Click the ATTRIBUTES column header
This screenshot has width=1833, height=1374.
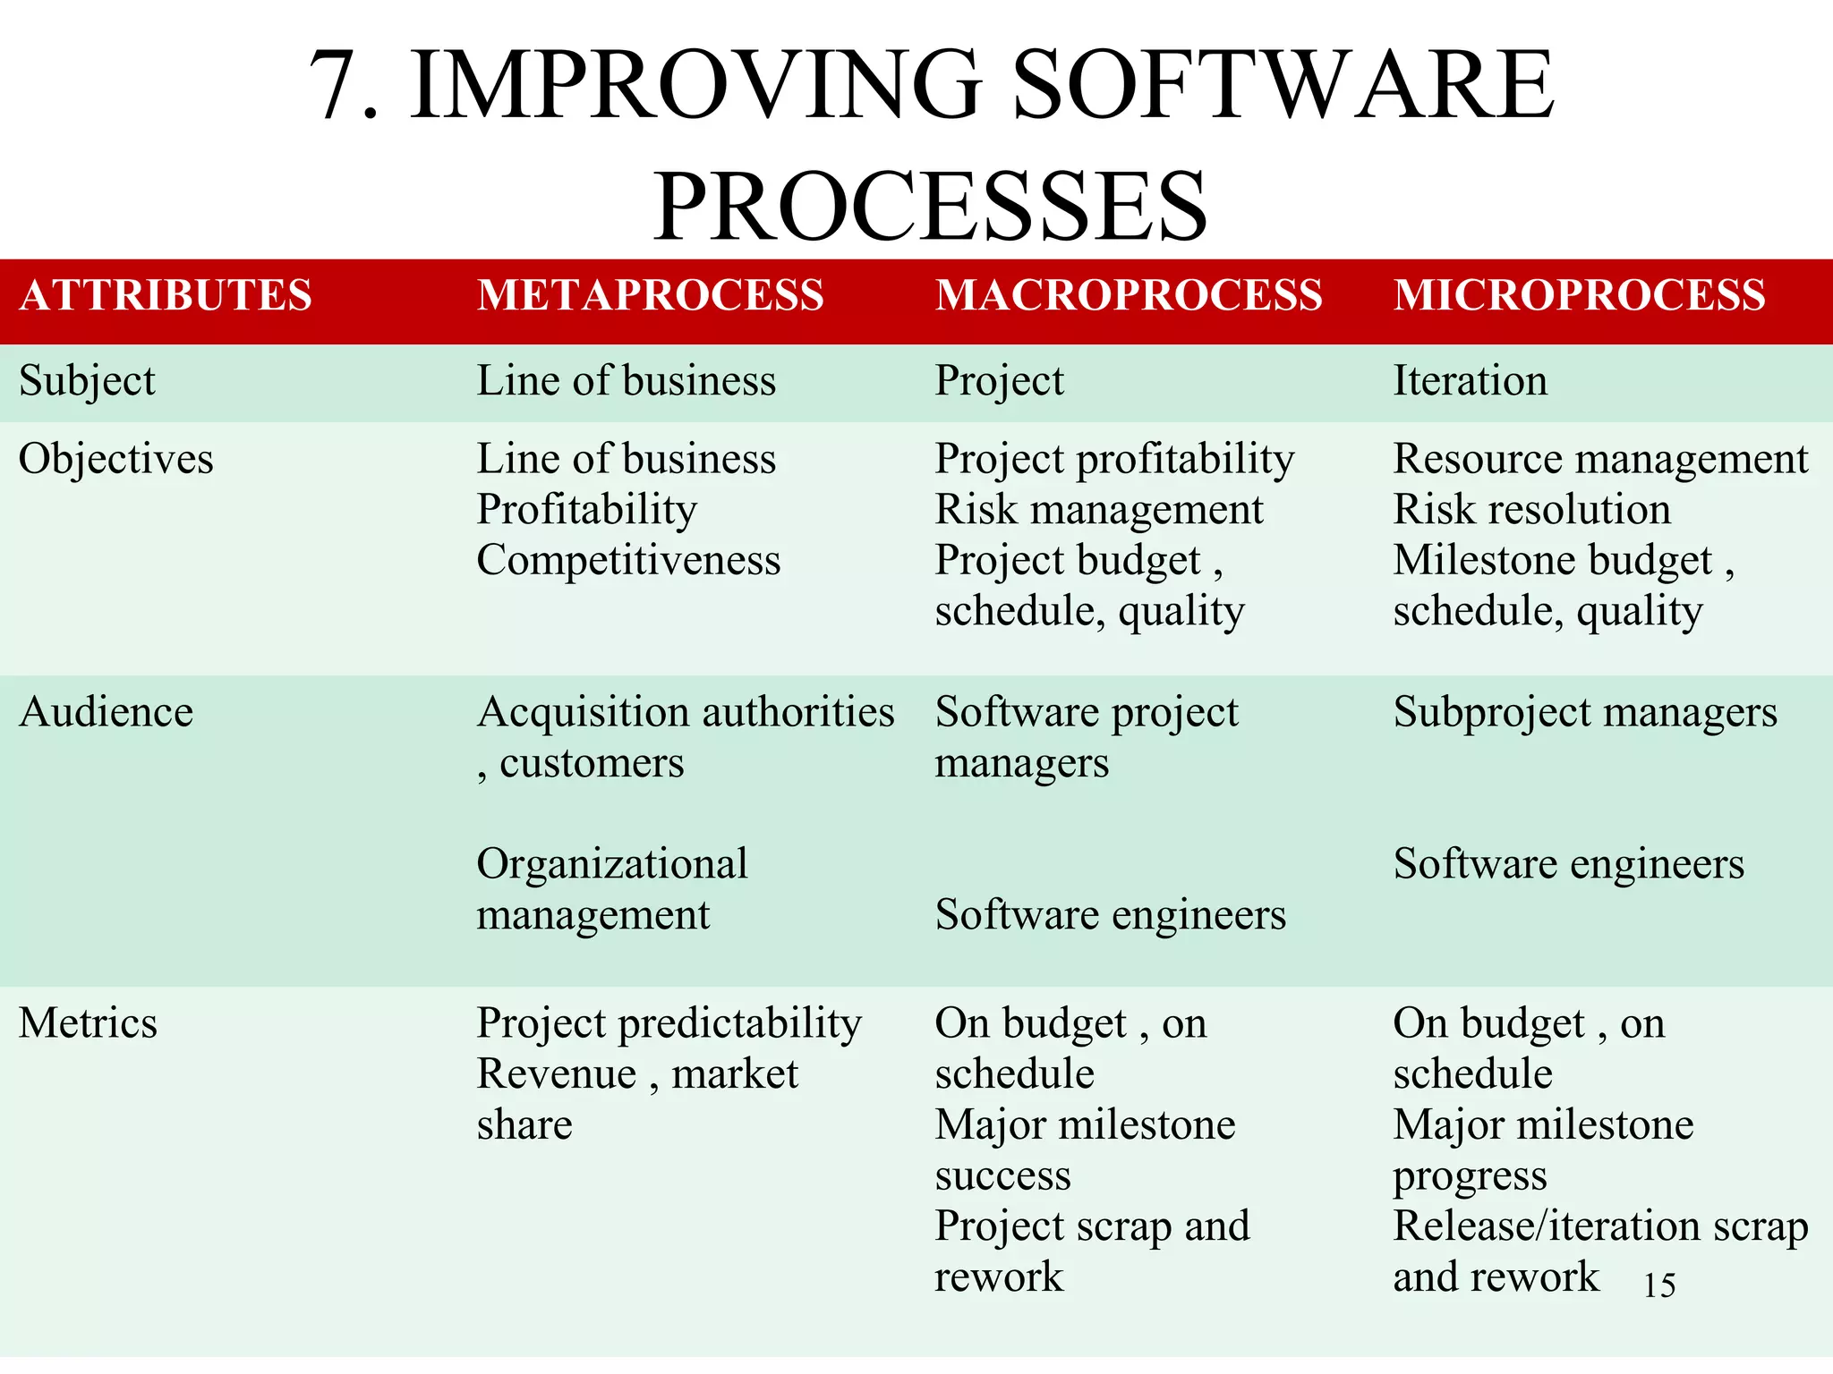166,295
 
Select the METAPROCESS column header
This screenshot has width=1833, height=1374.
650,295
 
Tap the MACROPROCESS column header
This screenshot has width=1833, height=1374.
1129,295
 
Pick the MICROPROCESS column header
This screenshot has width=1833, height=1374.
1579,295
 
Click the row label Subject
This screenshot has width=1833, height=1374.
87,381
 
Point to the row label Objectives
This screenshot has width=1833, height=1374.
115,459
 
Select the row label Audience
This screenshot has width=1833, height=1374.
106,713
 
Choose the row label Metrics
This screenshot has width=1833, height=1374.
88,1023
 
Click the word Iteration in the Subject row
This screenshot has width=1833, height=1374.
1470,381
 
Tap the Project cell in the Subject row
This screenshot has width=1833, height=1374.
999,381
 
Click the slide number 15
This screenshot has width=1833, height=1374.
1659,1285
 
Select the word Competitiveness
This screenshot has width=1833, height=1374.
628,561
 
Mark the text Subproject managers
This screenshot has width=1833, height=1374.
1585,713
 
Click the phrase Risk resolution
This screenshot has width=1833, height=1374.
1531,510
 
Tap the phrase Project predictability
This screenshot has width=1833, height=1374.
669,1023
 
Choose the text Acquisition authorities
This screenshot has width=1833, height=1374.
686,713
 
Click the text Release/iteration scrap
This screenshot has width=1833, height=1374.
1600,1226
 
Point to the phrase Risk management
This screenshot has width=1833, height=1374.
1099,510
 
